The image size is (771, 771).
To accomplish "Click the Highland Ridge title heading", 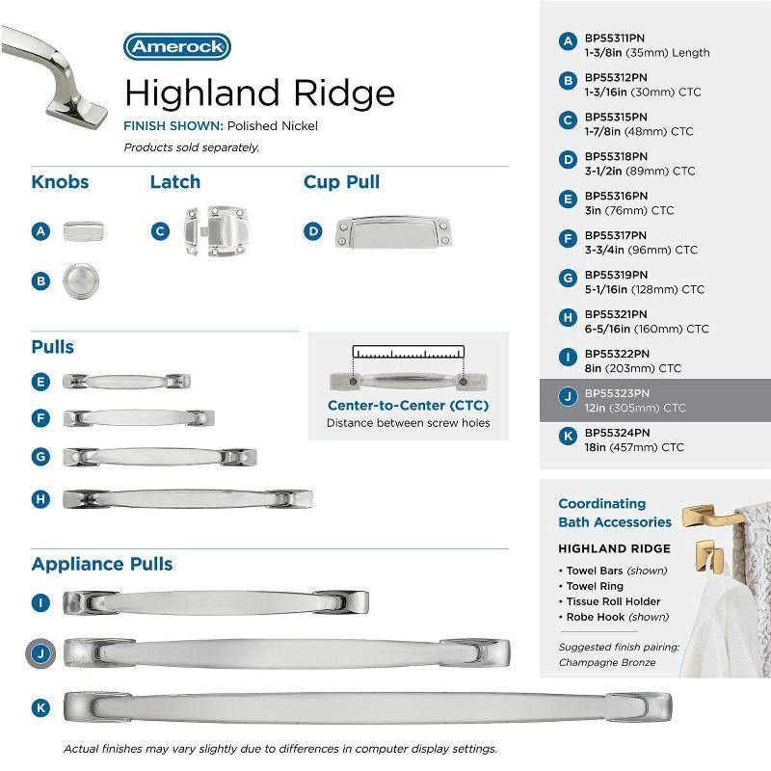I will [259, 93].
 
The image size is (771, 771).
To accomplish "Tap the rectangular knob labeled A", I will [84, 231].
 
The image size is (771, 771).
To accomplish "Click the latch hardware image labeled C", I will [219, 231].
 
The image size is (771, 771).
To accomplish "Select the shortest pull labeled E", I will [126, 382].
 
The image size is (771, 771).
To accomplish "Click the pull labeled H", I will [187, 498].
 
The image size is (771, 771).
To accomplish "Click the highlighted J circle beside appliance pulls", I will [40, 652].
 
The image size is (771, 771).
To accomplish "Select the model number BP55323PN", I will [618, 393].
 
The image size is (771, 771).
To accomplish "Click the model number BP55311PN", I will [617, 38].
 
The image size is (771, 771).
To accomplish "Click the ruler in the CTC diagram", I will [409, 351].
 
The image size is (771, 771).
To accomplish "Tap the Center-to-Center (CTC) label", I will [407, 406].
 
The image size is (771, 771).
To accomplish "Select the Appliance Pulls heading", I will [102, 564].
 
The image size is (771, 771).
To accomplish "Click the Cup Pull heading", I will [341, 182].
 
